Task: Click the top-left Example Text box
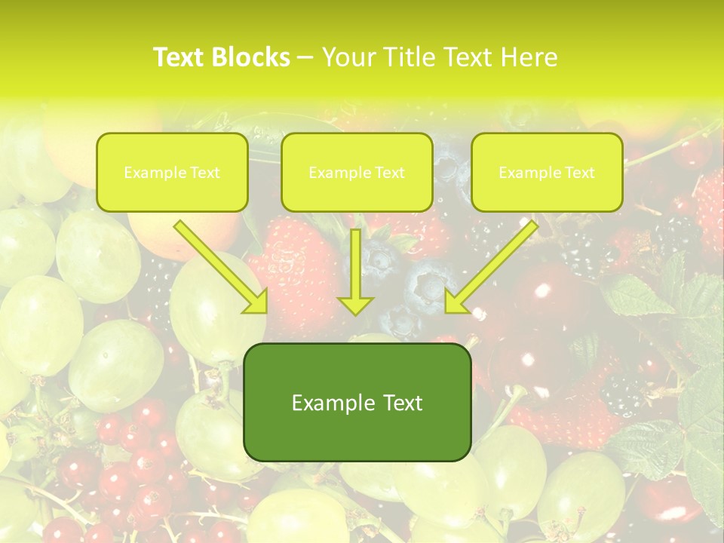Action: click(172, 172)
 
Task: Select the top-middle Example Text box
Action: click(357, 172)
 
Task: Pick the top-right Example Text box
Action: click(547, 172)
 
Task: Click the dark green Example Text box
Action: click(357, 403)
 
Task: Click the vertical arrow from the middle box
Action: click(355, 268)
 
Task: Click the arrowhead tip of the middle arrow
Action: click(355, 312)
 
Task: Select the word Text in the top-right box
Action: click(580, 173)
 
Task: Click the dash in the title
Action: click(305, 58)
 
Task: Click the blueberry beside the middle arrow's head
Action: click(422, 283)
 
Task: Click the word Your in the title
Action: click(350, 57)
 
